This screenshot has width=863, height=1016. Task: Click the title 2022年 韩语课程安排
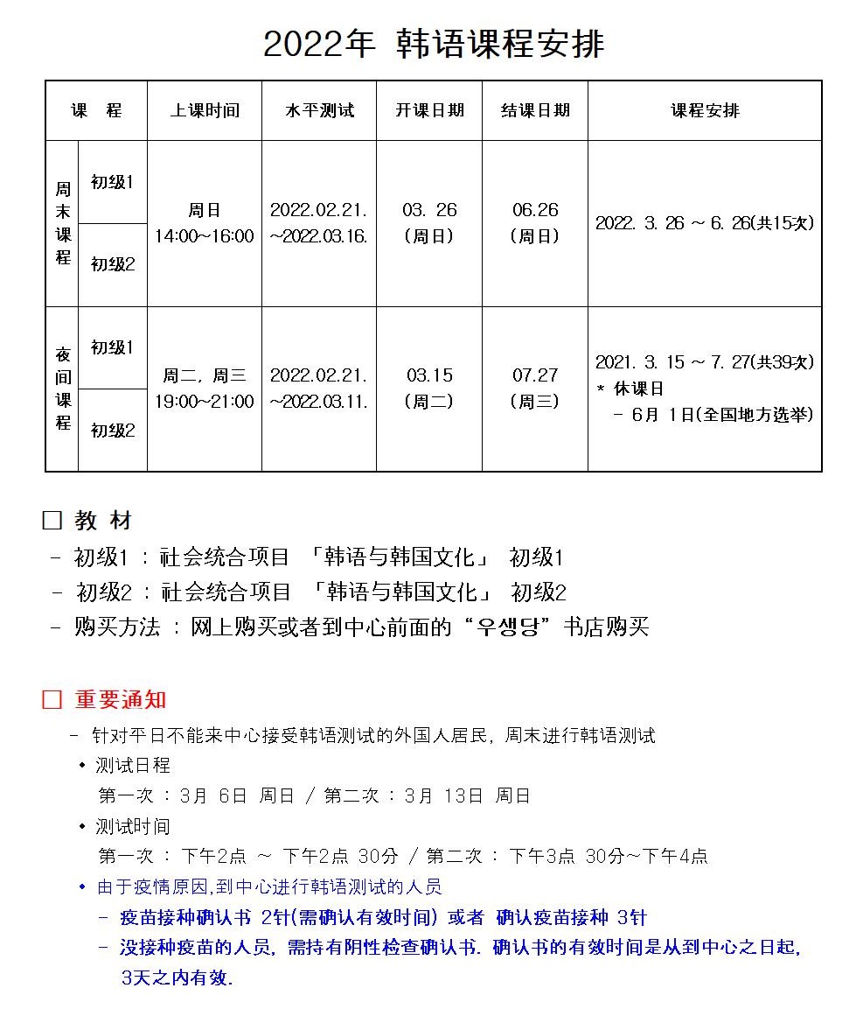click(x=433, y=44)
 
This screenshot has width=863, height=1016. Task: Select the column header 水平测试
click(x=319, y=111)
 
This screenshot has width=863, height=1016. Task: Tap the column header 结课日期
click(x=535, y=111)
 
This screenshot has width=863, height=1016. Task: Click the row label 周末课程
click(x=63, y=223)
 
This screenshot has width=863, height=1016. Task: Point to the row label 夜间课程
click(x=63, y=389)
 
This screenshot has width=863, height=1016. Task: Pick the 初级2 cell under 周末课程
click(x=113, y=264)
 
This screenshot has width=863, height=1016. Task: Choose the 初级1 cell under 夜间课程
click(x=113, y=347)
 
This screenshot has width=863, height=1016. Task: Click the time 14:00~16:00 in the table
click(x=205, y=236)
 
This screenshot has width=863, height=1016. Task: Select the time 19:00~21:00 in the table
click(x=205, y=402)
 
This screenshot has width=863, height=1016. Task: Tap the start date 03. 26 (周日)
click(x=429, y=223)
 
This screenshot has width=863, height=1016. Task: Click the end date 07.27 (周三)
click(x=535, y=388)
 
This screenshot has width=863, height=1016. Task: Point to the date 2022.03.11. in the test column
click(x=319, y=402)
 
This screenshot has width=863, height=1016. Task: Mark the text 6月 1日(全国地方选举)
click(x=724, y=415)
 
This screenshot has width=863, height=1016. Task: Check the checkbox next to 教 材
click(x=52, y=521)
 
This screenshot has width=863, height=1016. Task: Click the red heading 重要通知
click(x=120, y=700)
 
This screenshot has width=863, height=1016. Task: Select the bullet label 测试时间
click(x=133, y=826)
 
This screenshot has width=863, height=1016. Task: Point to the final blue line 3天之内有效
click(x=177, y=977)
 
